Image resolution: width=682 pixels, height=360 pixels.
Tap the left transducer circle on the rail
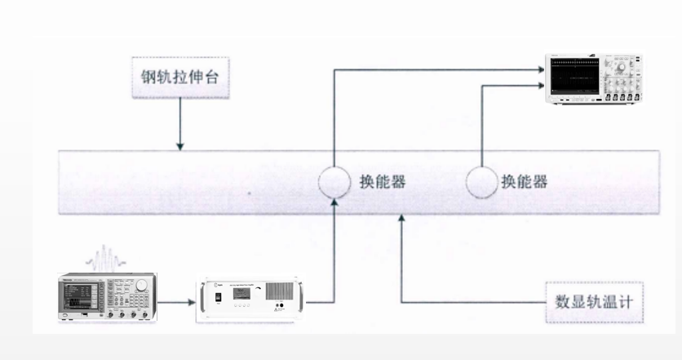click(334, 182)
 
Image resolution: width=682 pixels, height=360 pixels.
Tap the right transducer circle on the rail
click(482, 182)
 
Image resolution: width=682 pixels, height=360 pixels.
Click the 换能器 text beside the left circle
click(383, 182)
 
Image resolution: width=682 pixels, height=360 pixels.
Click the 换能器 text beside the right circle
click(525, 182)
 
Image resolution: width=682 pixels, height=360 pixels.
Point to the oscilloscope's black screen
click(579, 78)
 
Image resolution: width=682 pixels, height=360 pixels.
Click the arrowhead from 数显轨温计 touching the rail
click(402, 218)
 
